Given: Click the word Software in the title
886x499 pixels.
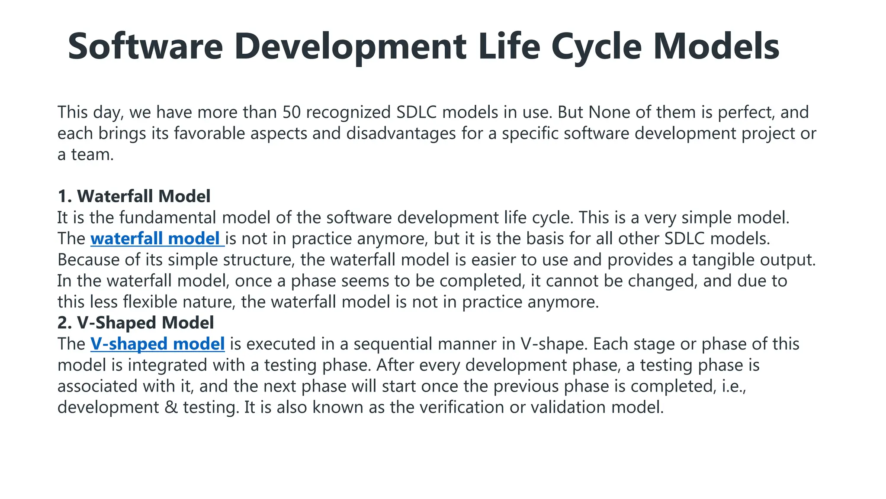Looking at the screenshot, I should (x=145, y=46).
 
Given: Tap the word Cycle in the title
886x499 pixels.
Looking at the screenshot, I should (x=596, y=46).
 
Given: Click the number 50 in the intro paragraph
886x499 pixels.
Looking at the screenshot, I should (x=292, y=112).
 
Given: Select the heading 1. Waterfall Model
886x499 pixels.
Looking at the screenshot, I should (x=134, y=196).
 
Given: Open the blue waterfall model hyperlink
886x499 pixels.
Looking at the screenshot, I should (x=157, y=239).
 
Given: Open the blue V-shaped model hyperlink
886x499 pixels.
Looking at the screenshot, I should (x=157, y=344).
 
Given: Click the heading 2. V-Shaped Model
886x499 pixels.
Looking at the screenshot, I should (x=135, y=323).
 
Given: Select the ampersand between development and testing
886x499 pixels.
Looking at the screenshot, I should (x=171, y=408).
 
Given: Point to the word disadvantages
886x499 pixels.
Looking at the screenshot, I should (x=401, y=133).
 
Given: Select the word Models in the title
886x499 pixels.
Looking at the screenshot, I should (x=716, y=46).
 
